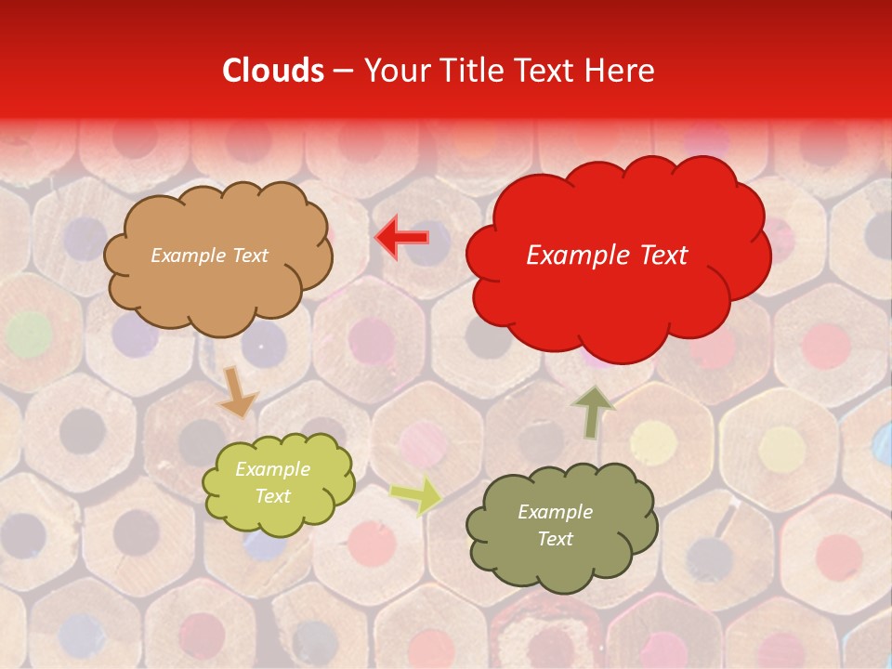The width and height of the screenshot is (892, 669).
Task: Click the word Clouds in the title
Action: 273,71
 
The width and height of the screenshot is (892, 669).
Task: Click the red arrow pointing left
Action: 401,238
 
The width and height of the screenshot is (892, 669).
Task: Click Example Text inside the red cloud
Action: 607,256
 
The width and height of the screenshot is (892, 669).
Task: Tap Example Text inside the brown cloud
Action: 209,256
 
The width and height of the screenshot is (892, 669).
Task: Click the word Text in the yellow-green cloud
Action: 272,496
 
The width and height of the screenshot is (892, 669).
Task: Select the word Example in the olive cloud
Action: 555,512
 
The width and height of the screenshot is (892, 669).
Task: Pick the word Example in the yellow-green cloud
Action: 272,469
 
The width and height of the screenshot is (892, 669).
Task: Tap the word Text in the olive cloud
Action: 555,539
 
